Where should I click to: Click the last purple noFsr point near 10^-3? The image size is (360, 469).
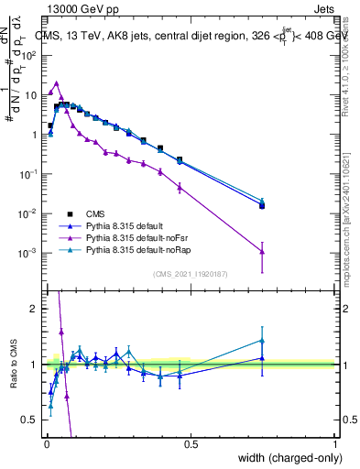coord(262,251)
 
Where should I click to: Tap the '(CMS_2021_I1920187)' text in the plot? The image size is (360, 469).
coord(191,274)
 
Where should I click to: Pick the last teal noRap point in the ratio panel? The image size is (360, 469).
coord(262,340)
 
